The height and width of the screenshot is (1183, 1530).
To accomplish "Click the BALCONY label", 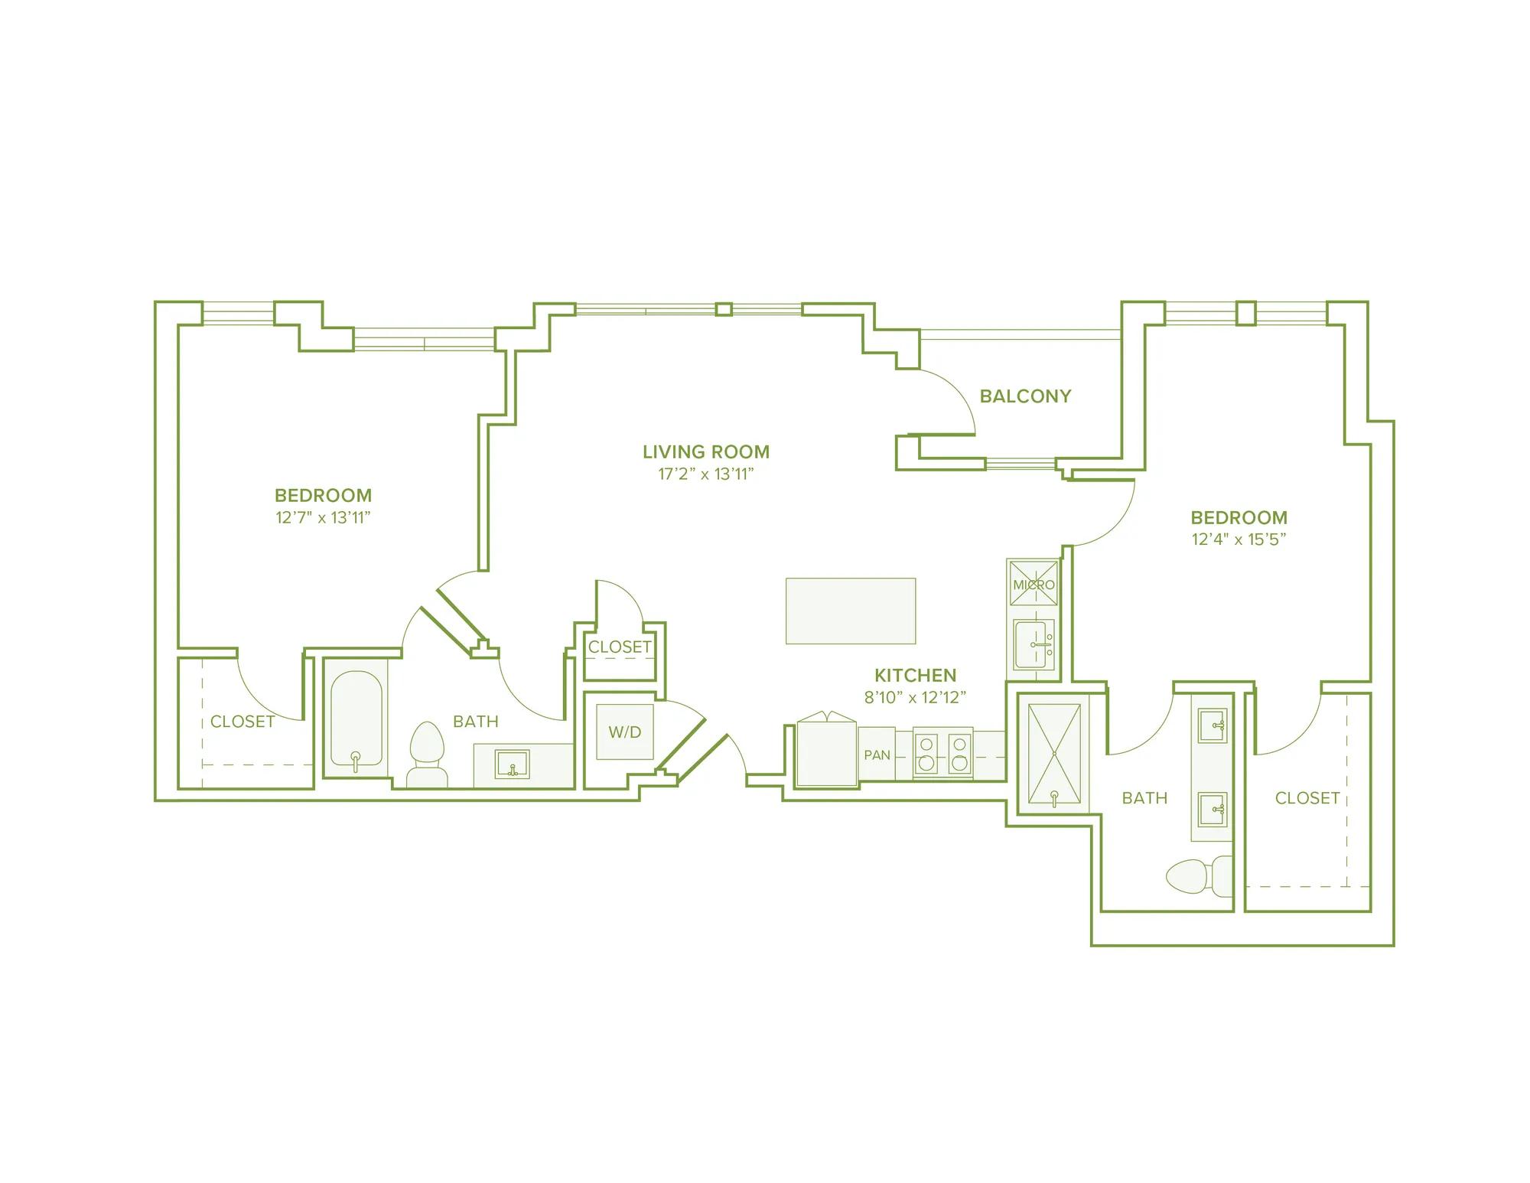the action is (x=1025, y=396).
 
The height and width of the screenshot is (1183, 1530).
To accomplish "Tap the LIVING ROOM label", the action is (x=706, y=452).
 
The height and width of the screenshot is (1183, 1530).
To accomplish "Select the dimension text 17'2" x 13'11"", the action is (x=706, y=474).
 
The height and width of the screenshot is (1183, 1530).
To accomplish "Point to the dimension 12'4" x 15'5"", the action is (x=1239, y=539).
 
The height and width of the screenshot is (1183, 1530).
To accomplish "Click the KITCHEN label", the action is (x=916, y=676).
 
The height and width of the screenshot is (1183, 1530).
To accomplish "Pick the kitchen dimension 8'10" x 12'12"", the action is (x=916, y=697).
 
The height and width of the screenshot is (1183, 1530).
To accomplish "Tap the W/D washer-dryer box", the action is (x=625, y=732).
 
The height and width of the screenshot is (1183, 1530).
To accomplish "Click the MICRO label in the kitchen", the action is (x=1034, y=585).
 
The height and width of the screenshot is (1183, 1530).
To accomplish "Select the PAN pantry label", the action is (x=877, y=755).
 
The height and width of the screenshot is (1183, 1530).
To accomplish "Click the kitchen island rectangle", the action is (x=851, y=611).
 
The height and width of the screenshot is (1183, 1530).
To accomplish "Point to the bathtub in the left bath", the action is (x=356, y=719).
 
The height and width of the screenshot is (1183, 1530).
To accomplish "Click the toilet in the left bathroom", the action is (x=427, y=754).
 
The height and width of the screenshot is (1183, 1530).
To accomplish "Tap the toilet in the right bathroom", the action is (x=1199, y=875).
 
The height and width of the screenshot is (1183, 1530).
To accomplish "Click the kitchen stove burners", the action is (x=943, y=753).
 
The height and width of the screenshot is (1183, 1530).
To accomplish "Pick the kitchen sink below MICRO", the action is (x=1034, y=645).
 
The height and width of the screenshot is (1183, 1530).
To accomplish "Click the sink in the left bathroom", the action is (x=512, y=764).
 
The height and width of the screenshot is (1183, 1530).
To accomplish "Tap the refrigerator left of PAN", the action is (x=826, y=749).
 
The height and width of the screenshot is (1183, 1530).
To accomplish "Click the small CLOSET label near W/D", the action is (x=620, y=647).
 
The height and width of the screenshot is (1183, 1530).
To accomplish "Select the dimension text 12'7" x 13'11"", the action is (x=323, y=518).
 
